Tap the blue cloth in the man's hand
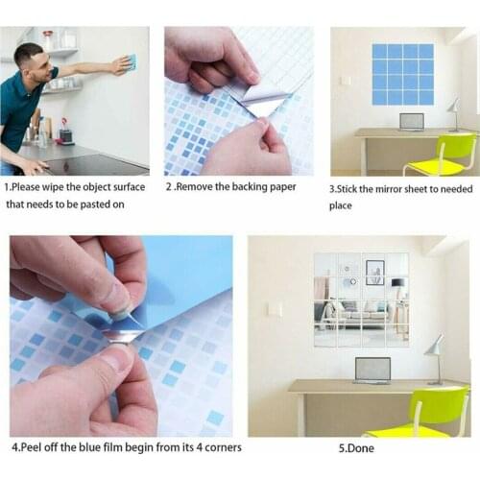tap(131, 62)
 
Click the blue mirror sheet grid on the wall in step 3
tap(402, 74)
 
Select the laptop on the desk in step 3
tap(411, 122)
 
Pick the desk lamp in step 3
tap(452, 109)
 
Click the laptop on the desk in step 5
tap(372, 370)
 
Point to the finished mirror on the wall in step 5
tap(361, 300)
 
